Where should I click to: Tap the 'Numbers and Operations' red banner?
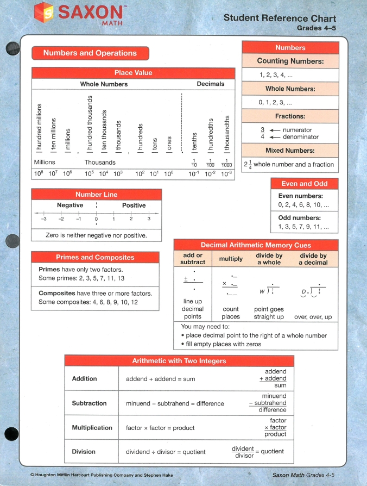pyautogui.click(x=90, y=53)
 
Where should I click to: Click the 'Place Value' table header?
pyautogui.click(x=133, y=73)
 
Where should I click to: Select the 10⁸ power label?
pyautogui.click(x=39, y=173)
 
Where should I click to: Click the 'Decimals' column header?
pyautogui.click(x=210, y=84)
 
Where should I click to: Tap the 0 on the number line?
pyautogui.click(x=96, y=219)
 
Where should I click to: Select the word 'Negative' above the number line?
pyautogui.click(x=70, y=205)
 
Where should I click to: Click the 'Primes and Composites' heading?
pyautogui.click(x=95, y=257)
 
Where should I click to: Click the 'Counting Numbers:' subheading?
pyautogui.click(x=290, y=61)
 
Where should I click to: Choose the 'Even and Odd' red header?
pyautogui.click(x=305, y=184)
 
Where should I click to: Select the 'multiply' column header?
pyautogui.click(x=231, y=259)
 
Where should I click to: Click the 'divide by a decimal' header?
pyautogui.click(x=313, y=259)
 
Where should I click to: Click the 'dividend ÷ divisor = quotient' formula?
pyautogui.click(x=166, y=452)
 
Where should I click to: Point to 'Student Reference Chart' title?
pyautogui.click(x=280, y=18)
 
